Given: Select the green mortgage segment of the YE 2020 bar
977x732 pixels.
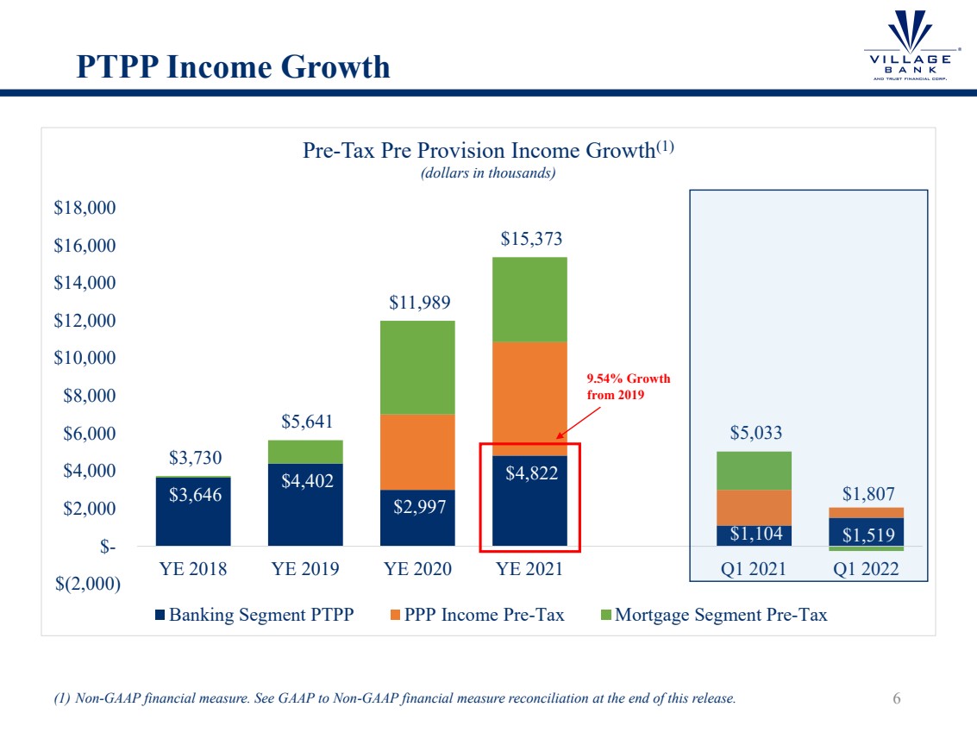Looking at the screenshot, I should [416, 367].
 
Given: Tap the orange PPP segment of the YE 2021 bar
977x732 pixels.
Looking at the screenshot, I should [529, 398].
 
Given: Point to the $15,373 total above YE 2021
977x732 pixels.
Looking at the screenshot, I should [529, 239].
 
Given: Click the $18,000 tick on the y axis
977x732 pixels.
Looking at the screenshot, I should [85, 209].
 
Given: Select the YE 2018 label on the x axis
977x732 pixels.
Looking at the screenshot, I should [192, 569].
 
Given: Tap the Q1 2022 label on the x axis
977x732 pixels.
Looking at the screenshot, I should [865, 569].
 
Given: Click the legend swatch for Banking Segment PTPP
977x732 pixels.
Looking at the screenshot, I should [160, 616].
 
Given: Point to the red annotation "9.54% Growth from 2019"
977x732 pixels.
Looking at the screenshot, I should [629, 387].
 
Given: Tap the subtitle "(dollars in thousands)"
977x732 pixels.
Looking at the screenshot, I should [487, 173].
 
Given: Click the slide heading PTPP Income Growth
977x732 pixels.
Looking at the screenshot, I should [233, 66].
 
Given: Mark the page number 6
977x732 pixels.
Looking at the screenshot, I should [897, 698].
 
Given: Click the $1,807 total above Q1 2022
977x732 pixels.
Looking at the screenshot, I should [865, 494].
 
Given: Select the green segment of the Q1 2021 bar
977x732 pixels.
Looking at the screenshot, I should [754, 471].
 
